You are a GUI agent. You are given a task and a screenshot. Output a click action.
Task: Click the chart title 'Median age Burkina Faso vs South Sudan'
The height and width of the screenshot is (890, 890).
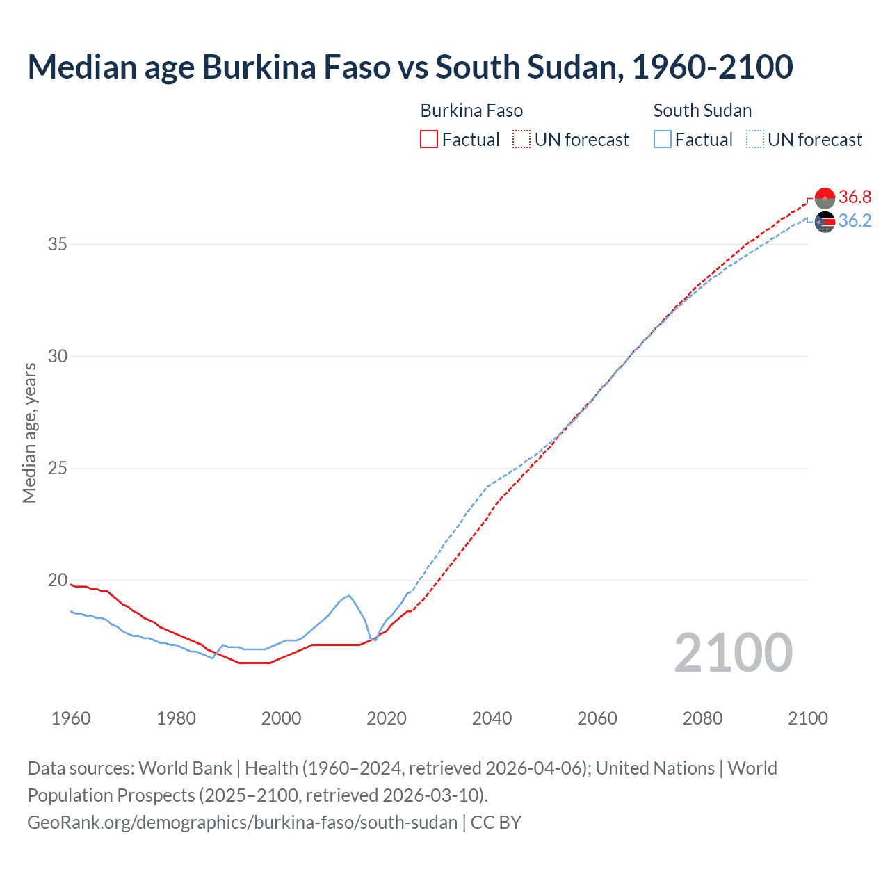[x=410, y=67]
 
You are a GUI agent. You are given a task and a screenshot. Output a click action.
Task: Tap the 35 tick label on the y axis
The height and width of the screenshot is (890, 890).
[x=58, y=245]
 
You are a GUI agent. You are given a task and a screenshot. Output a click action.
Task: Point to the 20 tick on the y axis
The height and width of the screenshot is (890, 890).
[x=58, y=581]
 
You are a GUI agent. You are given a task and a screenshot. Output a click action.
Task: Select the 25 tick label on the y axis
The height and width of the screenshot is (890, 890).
[x=58, y=469]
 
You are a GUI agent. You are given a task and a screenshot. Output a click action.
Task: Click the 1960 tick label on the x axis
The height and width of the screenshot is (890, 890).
[x=71, y=718]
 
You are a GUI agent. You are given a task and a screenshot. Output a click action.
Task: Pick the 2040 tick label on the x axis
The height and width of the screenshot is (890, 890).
[x=492, y=718]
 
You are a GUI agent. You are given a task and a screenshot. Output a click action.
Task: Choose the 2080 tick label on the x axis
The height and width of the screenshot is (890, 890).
[x=702, y=718]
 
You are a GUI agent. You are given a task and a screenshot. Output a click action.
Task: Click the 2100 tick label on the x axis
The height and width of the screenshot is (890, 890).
[x=807, y=718]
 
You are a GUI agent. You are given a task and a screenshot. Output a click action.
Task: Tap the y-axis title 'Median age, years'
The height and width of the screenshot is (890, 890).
[x=29, y=432]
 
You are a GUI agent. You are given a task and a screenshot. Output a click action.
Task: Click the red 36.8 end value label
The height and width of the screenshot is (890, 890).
[x=855, y=197]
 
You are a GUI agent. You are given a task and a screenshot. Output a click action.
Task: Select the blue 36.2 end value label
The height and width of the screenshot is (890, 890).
[x=855, y=221]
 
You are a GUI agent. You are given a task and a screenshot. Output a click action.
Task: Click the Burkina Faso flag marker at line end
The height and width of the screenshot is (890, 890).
[x=825, y=198]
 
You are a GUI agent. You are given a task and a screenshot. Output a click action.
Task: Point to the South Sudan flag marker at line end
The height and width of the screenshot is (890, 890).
[x=825, y=222]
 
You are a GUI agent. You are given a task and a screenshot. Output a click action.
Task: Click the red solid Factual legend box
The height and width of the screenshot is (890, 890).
[x=429, y=140]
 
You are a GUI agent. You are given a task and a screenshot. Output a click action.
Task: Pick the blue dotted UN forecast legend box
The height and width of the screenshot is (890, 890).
[x=755, y=140]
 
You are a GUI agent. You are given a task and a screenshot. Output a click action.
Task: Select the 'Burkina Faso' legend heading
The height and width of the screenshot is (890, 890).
[x=471, y=111]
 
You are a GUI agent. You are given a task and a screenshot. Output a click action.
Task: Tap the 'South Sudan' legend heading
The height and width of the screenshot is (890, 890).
[x=702, y=111]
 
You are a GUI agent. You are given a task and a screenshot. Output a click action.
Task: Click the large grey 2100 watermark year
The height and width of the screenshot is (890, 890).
[x=734, y=653]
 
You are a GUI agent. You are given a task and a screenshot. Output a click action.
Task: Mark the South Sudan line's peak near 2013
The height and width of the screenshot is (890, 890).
[x=349, y=595]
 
